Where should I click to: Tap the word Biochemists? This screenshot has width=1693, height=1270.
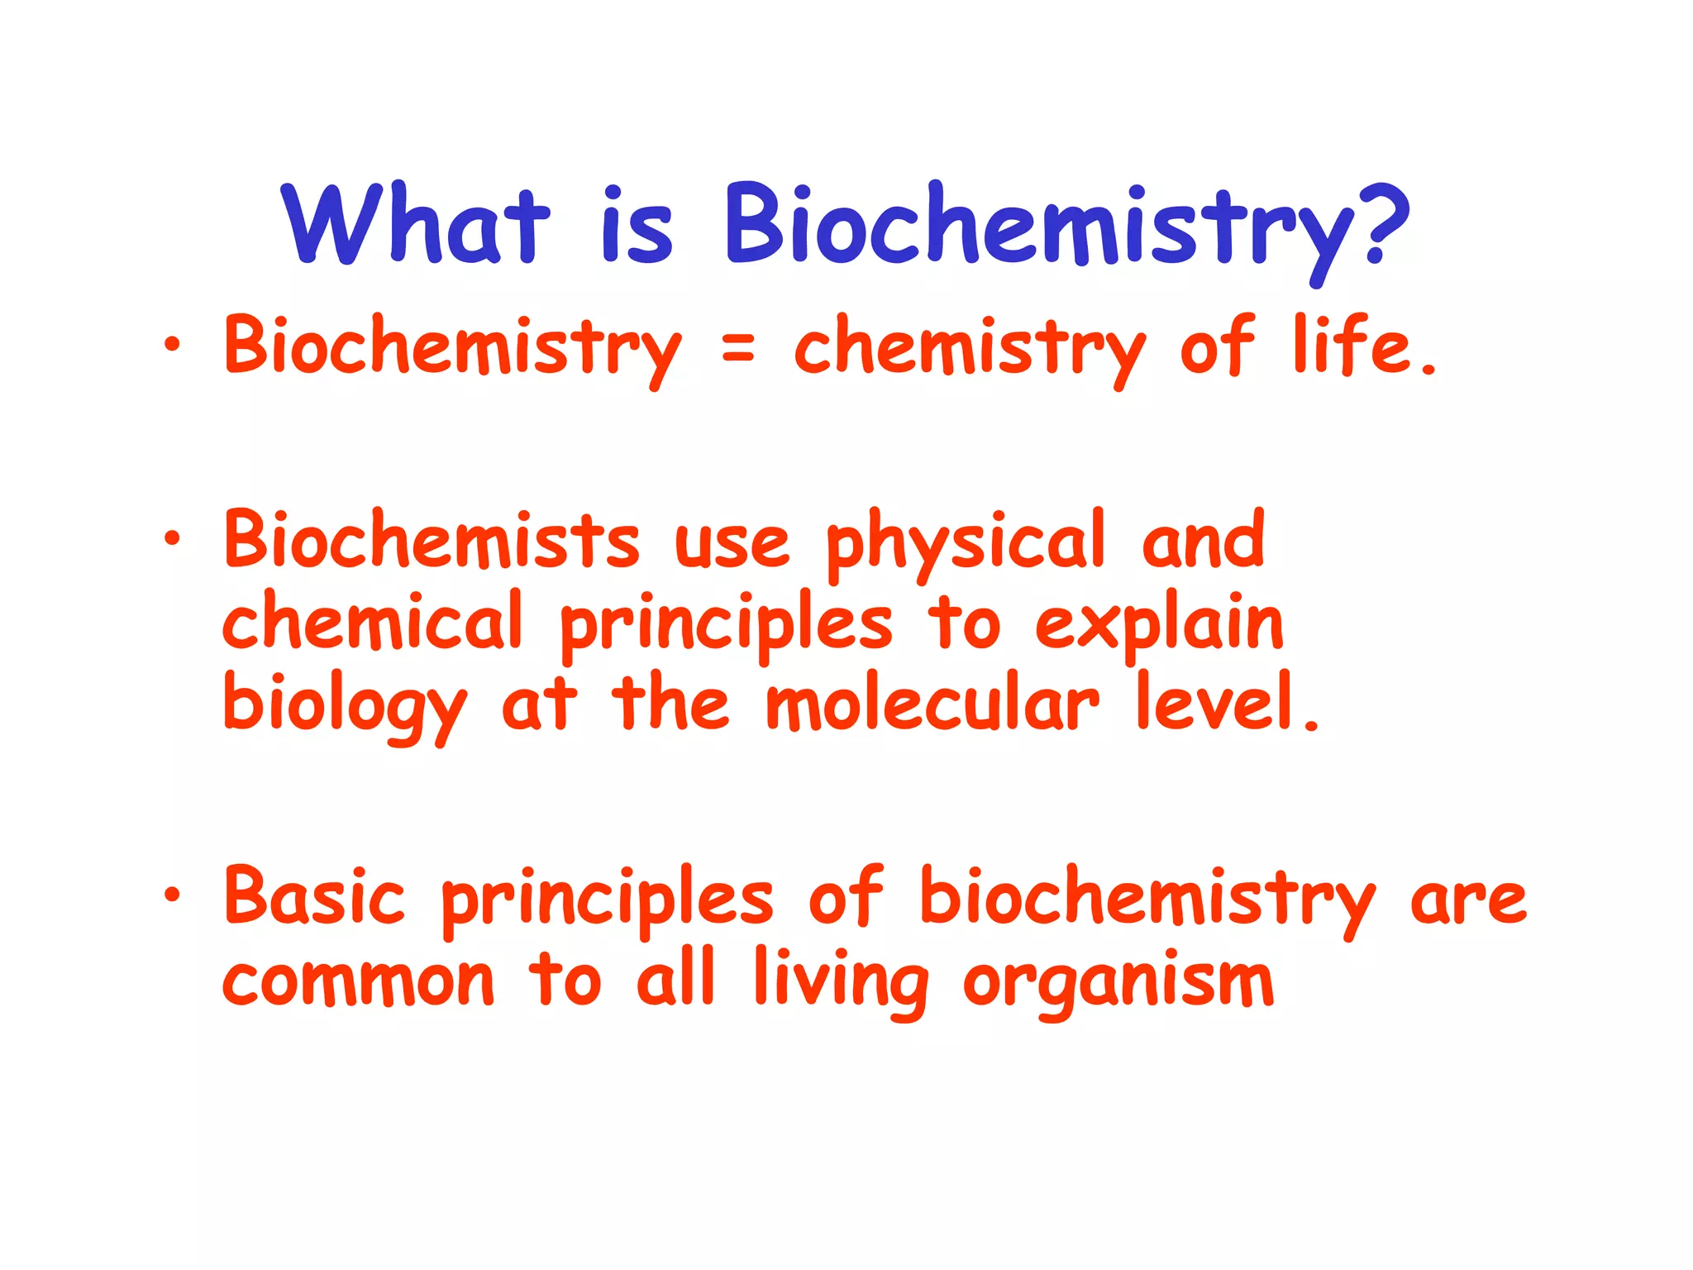pyautogui.click(x=432, y=541)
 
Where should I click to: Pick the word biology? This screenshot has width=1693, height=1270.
pyautogui.click(x=345, y=705)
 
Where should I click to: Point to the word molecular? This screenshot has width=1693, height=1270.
pyautogui.click(x=932, y=703)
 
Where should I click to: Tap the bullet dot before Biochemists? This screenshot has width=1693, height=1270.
pyautogui.click(x=171, y=539)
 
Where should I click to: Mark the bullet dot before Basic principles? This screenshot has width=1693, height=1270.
pyautogui.click(x=171, y=895)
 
